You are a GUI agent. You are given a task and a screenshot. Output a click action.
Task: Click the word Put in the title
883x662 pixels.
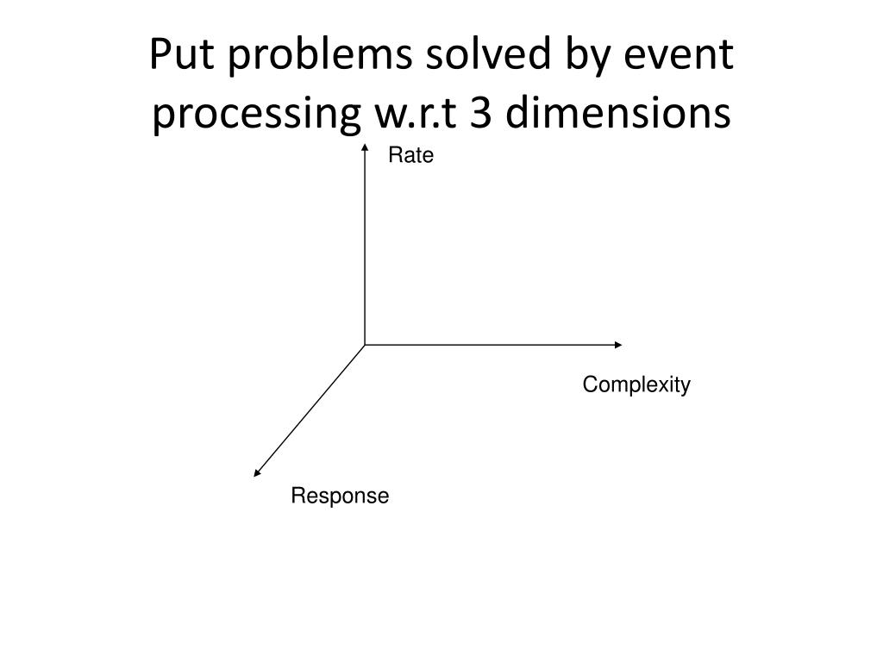click(x=176, y=57)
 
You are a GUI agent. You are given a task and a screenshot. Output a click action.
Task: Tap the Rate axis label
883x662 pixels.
click(x=410, y=156)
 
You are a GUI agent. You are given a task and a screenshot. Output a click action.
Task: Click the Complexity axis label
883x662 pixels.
click(x=636, y=384)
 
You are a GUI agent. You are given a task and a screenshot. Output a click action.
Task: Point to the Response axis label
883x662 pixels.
click(x=340, y=496)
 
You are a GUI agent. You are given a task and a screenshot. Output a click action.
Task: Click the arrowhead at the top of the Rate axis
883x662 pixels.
click(x=365, y=150)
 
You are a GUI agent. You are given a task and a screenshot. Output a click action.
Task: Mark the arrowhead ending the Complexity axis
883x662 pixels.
click(x=618, y=345)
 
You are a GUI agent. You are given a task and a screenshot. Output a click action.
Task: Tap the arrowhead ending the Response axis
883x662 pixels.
click(x=256, y=472)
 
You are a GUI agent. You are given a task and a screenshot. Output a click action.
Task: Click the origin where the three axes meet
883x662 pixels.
click(x=365, y=345)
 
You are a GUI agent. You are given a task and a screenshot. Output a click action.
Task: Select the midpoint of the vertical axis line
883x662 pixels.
click(x=365, y=247)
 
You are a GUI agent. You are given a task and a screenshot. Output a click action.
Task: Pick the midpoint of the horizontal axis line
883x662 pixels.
click(x=492, y=345)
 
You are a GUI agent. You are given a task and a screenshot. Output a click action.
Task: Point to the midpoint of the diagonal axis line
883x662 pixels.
click(x=310, y=409)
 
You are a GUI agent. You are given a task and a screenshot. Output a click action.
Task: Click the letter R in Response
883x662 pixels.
click(x=296, y=496)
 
